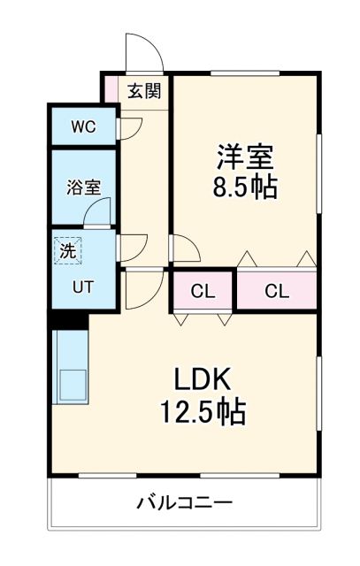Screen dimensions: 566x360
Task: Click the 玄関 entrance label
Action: (142, 90)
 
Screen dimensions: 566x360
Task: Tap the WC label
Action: (83, 126)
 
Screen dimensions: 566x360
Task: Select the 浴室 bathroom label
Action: (83, 187)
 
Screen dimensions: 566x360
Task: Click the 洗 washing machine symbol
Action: (68, 250)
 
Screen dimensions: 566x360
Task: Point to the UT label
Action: (83, 287)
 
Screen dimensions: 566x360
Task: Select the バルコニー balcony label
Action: (184, 503)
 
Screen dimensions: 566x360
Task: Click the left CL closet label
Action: (202, 291)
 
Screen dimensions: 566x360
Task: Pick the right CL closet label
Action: (276, 291)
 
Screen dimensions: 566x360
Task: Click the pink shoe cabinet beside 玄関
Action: (111, 88)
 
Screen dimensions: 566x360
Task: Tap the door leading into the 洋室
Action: (184, 249)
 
